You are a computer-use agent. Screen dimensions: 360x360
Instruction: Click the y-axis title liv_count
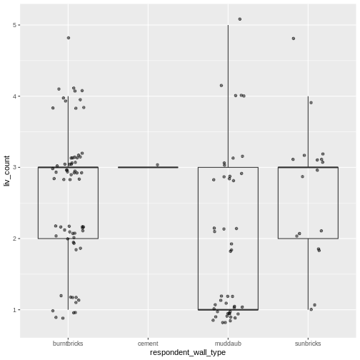(x=6, y=171)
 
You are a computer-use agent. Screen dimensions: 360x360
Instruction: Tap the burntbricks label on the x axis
(x=69, y=343)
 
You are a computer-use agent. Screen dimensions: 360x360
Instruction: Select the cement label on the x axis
(x=148, y=343)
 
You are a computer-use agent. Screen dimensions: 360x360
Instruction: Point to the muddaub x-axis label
(x=228, y=343)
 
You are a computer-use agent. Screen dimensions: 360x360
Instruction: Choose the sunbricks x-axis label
(x=308, y=343)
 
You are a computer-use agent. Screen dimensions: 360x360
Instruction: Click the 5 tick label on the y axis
(x=15, y=25)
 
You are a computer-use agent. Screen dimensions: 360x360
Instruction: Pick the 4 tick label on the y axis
(x=15, y=96)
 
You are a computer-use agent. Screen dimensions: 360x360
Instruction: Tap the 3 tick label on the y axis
(x=15, y=167)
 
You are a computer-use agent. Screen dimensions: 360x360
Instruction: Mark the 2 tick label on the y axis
(x=15, y=239)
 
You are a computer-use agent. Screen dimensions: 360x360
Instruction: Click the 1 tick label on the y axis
(x=15, y=309)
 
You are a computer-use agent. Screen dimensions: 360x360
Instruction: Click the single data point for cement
(x=158, y=165)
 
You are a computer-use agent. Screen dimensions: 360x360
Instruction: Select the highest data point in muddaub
(x=240, y=19)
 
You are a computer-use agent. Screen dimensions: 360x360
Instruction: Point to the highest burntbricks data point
(x=69, y=38)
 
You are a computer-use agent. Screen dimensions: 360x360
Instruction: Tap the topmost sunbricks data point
(x=294, y=39)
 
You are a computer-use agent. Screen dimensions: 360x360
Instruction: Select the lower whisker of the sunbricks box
(x=308, y=274)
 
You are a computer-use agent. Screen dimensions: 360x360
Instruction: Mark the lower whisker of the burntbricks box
(x=69, y=274)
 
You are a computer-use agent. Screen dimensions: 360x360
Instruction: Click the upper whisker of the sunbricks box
(x=308, y=132)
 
